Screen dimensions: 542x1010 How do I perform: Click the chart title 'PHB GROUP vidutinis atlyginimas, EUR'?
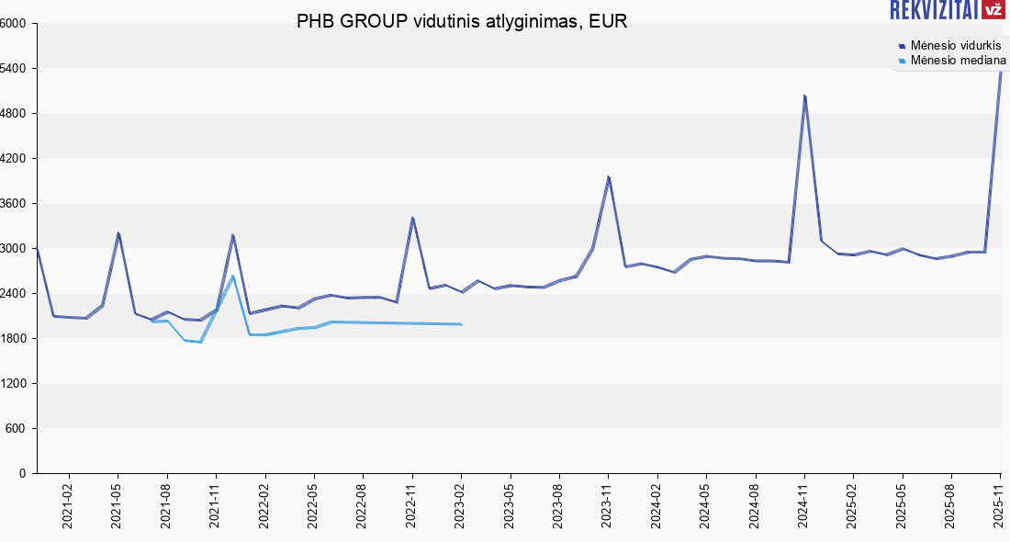462,22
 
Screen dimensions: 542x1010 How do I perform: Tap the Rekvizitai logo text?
933,10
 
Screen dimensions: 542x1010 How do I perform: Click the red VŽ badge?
993,10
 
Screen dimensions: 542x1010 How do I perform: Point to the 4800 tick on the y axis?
16,114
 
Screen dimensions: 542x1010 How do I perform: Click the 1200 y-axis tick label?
16,384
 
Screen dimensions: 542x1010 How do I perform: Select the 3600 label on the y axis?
16,204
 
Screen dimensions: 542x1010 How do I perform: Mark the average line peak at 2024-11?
804,96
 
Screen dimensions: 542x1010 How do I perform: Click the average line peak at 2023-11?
608,177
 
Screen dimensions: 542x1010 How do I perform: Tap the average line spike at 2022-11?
412,218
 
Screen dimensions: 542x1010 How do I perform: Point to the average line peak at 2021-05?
118,233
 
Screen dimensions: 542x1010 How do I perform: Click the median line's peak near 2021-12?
233,277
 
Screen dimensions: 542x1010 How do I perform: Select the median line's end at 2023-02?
461,324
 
